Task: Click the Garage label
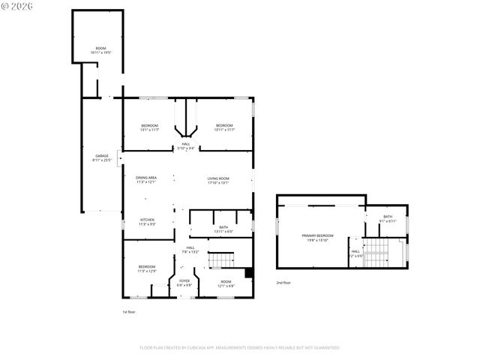(101, 158)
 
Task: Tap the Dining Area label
(146, 180)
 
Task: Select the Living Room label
(218, 180)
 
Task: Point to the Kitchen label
(146, 222)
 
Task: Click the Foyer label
(184, 283)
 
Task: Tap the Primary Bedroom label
(318, 238)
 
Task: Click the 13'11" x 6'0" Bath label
(223, 229)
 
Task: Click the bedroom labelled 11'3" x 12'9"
(146, 268)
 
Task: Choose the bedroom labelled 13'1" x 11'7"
(150, 127)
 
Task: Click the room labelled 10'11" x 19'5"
(100, 50)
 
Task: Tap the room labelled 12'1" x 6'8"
(226, 283)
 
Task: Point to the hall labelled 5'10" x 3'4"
(185, 147)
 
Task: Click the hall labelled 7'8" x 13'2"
(190, 250)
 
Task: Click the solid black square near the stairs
(249, 273)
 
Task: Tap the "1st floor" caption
(129, 311)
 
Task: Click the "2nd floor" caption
(284, 282)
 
